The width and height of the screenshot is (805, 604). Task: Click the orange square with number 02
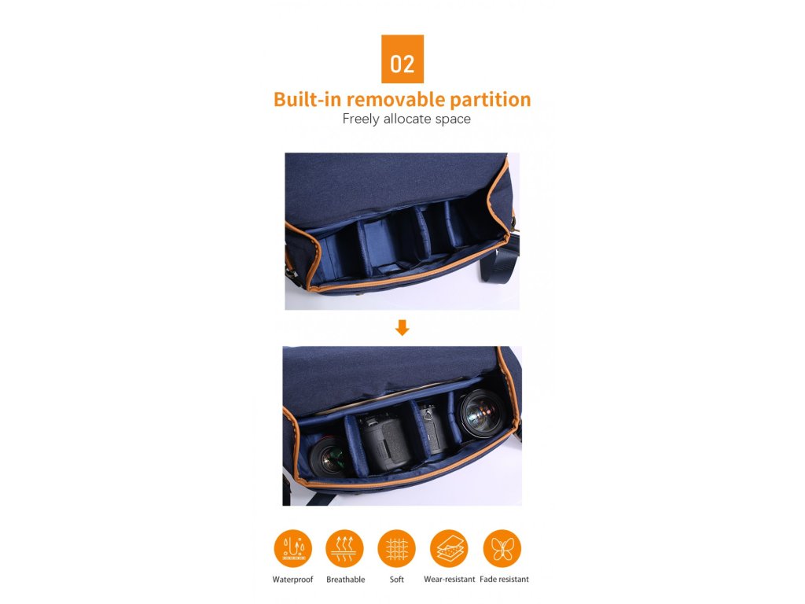402,59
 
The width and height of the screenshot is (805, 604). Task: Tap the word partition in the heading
491,100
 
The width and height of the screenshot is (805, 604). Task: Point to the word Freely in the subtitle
361,120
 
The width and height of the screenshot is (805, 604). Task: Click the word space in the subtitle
453,120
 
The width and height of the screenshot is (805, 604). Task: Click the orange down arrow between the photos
402,328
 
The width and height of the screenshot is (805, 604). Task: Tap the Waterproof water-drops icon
293,548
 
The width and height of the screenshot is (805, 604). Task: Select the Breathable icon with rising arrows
344,548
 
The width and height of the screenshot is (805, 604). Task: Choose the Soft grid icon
396,548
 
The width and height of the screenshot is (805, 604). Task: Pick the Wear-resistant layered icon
449,548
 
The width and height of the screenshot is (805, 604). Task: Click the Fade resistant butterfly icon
502,548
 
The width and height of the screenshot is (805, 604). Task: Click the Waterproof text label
292,580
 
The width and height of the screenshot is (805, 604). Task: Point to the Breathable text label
346,580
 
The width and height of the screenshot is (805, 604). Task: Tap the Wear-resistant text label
449,580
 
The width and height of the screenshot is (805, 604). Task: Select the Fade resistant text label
504,580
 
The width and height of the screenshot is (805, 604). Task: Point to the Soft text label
397,580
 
